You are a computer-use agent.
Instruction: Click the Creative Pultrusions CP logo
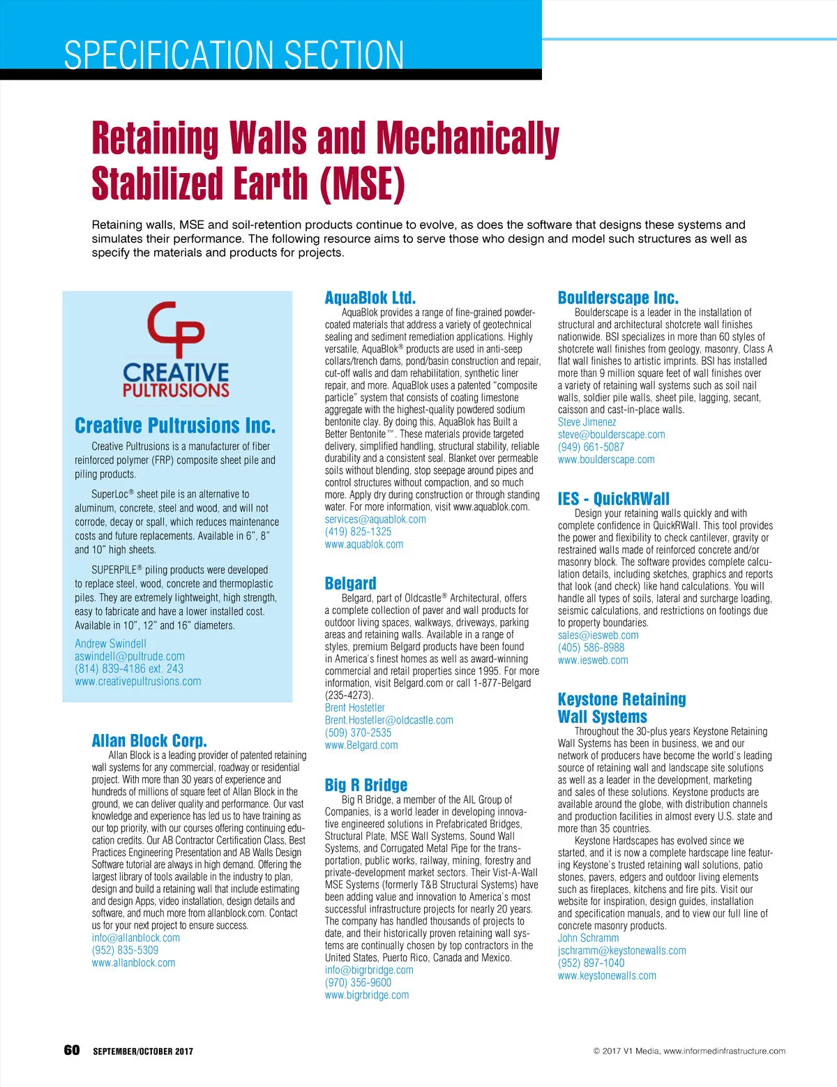176,349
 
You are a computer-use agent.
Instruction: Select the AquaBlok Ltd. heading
370,298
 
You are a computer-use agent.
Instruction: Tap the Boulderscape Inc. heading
617,298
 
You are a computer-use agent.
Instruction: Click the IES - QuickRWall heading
613,498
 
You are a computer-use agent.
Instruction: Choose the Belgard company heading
350,583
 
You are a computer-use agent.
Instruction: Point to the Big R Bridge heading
365,785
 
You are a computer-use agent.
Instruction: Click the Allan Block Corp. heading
149,740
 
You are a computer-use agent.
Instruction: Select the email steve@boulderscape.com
611,435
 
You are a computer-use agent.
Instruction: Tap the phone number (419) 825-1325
358,532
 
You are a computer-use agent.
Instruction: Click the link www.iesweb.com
593,660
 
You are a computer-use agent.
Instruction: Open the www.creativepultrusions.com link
137,682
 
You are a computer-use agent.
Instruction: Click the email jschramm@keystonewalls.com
621,951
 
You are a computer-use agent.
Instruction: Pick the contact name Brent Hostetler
354,707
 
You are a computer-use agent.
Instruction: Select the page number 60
72,1051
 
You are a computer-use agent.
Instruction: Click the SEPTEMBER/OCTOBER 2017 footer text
143,1051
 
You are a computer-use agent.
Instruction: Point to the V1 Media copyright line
689,1051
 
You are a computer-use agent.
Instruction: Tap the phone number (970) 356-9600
358,982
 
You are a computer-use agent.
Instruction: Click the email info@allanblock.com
135,938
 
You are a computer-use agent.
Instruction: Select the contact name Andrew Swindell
110,644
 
